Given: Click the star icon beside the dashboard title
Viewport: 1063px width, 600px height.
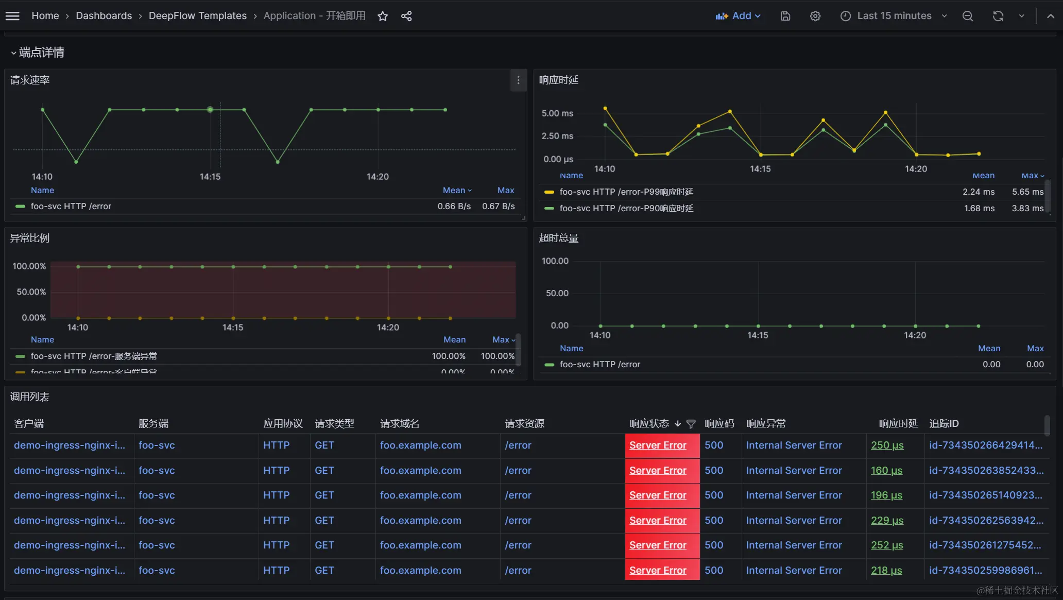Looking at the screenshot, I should (x=383, y=16).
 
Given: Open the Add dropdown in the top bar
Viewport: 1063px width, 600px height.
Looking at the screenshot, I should (x=738, y=16).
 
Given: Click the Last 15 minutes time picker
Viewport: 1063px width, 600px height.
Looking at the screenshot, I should (x=894, y=16).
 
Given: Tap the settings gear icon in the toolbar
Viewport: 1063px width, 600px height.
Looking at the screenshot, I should (x=815, y=16).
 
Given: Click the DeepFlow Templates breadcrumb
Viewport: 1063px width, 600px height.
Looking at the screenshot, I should (x=197, y=16).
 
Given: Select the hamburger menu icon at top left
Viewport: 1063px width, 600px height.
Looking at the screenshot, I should (x=12, y=16).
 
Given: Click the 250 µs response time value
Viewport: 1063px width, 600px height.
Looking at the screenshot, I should (x=887, y=445).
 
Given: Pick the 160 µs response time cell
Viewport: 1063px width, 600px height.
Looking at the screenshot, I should (x=886, y=470).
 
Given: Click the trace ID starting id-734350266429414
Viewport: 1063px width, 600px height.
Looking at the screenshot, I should (x=985, y=445).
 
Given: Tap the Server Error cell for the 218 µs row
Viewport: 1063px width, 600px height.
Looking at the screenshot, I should (x=658, y=570).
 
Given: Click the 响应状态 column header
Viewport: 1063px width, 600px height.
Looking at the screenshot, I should (x=649, y=423).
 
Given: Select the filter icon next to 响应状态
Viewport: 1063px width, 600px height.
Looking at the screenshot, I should (x=691, y=424).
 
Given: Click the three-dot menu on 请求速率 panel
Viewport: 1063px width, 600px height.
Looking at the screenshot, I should (x=518, y=80).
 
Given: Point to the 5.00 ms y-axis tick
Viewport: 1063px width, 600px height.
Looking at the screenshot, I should (x=557, y=113).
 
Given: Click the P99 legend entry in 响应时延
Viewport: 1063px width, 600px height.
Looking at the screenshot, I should (x=626, y=192).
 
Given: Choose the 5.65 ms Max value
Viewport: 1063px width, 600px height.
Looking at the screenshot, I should (x=1027, y=192).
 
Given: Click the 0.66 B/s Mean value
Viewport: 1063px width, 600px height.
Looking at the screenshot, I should (x=454, y=207).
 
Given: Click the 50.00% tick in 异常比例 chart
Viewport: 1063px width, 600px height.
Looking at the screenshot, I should (x=31, y=292).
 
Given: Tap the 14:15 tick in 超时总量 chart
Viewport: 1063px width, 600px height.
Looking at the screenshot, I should (x=758, y=335).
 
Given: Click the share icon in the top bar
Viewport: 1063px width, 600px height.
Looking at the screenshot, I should (x=406, y=16).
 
